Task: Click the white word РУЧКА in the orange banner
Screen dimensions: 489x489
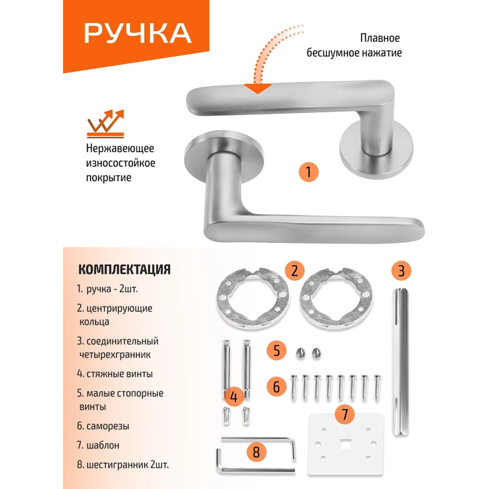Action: point(137,33)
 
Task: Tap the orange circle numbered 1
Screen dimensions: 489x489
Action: point(309,172)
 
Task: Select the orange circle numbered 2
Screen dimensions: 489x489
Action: point(295,270)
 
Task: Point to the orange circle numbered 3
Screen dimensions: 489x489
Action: point(401,270)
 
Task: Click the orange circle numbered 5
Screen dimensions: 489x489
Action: point(277,350)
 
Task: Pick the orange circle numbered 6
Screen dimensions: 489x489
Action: point(277,387)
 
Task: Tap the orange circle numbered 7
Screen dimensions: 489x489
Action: point(345,415)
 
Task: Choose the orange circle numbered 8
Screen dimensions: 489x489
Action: point(256,452)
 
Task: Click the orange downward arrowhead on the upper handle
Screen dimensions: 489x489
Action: point(258,89)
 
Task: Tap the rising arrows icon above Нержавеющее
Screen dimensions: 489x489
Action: point(106,124)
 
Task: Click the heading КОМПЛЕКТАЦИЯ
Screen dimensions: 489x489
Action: point(124,269)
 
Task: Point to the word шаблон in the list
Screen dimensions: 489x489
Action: point(103,445)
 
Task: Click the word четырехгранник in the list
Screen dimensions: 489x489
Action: point(115,355)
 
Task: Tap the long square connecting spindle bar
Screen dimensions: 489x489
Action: point(400,362)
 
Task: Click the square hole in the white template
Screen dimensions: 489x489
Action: point(345,444)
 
